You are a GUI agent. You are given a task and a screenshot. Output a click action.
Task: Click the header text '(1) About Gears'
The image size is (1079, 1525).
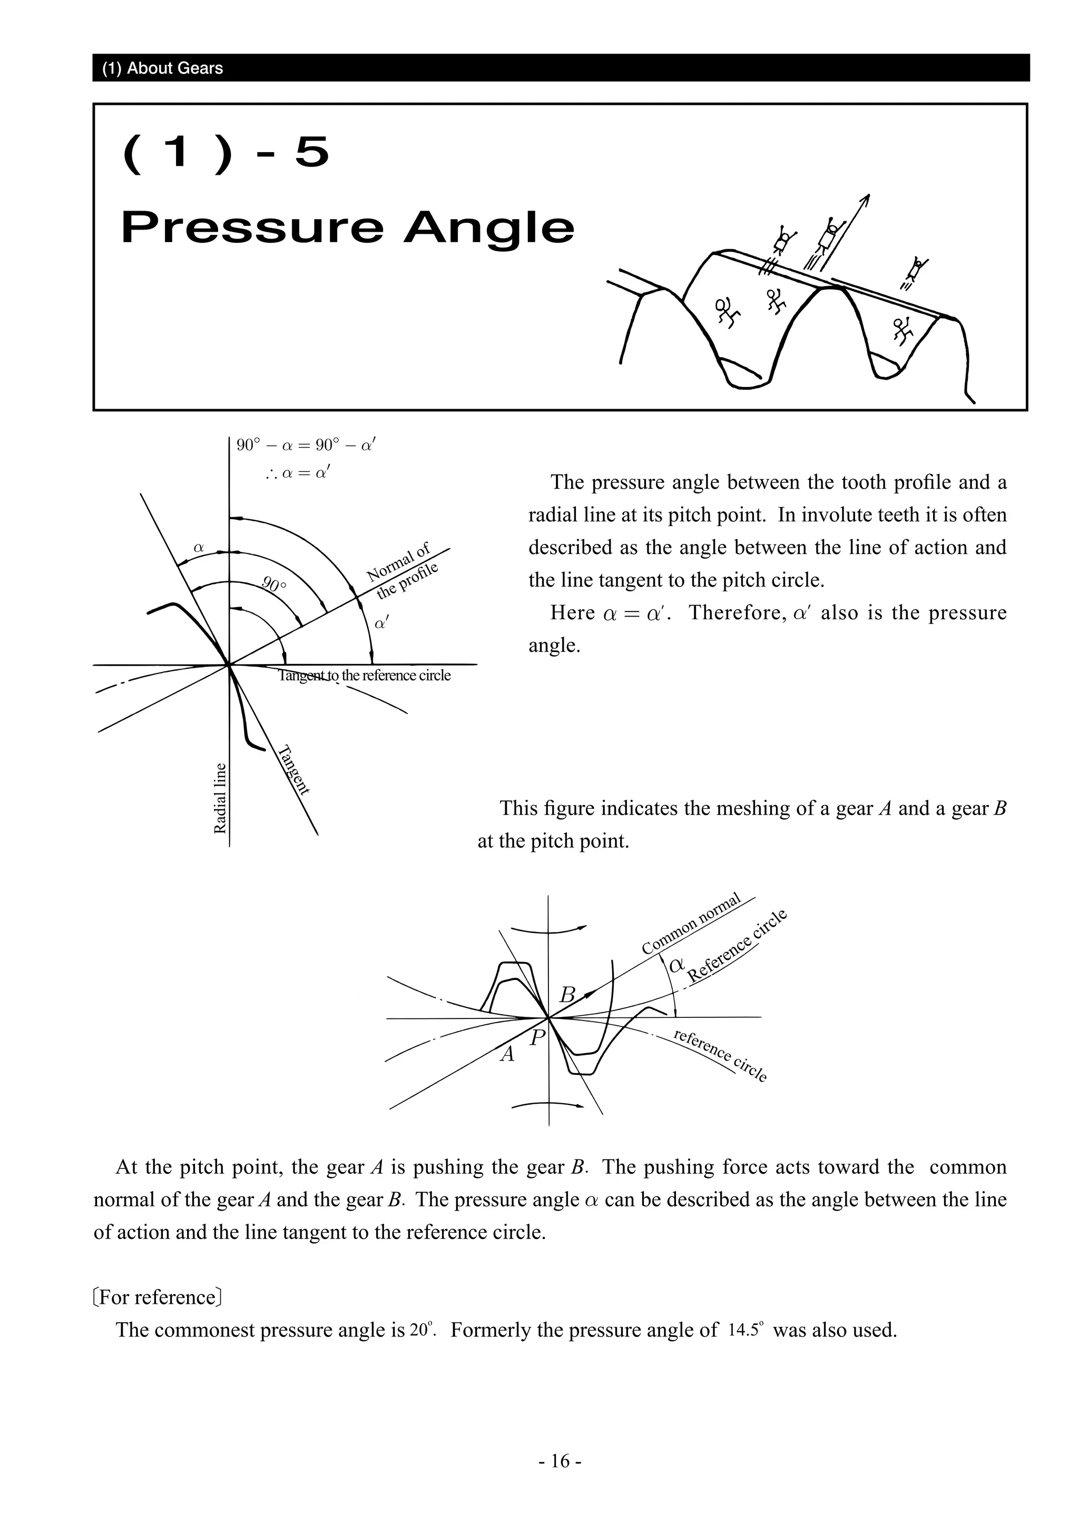click(x=162, y=68)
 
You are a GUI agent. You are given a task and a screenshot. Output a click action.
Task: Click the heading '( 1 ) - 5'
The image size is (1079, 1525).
click(x=226, y=152)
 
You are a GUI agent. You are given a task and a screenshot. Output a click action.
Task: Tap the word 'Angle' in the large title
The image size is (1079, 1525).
click(x=488, y=228)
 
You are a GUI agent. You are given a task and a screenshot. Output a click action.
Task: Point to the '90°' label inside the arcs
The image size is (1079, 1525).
click(x=274, y=585)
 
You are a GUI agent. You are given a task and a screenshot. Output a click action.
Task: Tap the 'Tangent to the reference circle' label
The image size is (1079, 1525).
click(x=364, y=676)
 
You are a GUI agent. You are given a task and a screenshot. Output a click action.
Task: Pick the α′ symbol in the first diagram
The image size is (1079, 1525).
click(x=382, y=623)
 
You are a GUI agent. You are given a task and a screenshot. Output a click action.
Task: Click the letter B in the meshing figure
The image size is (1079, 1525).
click(x=567, y=995)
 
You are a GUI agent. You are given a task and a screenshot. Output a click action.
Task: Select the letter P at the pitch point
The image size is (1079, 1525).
click(x=537, y=1037)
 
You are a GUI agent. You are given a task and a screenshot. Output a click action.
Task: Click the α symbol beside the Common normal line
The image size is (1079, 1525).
click(x=676, y=965)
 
